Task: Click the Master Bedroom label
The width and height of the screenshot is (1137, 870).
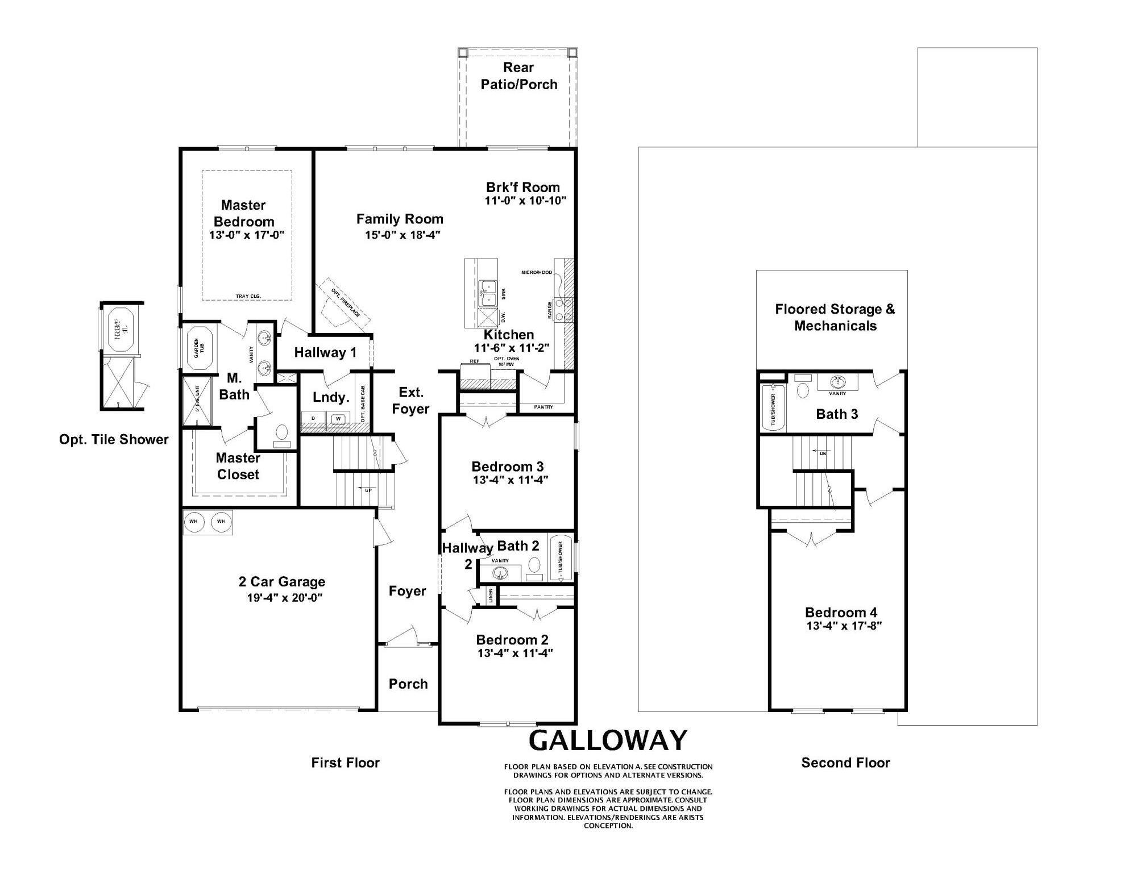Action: [x=243, y=213]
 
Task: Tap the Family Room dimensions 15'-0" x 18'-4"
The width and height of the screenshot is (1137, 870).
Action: [x=402, y=235]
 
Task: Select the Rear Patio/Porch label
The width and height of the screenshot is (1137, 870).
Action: [x=518, y=76]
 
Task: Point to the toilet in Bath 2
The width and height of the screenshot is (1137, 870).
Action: [x=534, y=565]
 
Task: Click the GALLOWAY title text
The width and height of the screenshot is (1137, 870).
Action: [x=608, y=740]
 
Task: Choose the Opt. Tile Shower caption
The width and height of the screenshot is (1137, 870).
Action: [x=114, y=439]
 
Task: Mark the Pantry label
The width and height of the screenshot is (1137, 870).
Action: [x=543, y=407]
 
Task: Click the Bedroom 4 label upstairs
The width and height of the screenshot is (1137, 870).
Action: [x=841, y=613]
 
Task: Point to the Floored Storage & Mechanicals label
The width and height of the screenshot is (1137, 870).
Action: [x=835, y=317]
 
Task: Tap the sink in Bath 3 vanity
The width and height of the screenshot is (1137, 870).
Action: [x=837, y=381]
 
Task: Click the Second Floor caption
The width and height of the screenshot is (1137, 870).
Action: [x=845, y=763]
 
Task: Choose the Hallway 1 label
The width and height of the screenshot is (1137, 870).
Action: [x=325, y=352]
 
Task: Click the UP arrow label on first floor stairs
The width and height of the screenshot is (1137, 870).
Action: [x=368, y=490]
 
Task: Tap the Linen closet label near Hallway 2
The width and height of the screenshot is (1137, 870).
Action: [x=491, y=596]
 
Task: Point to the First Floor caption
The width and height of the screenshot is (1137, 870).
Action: [x=345, y=763]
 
